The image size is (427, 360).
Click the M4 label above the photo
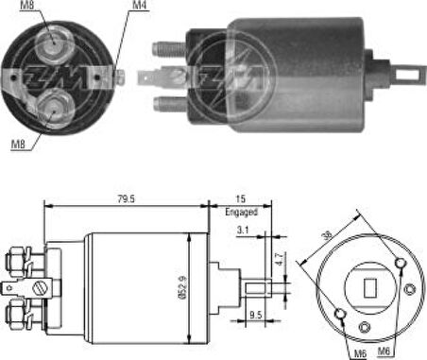pos(138,7)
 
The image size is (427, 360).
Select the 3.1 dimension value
pos(245,230)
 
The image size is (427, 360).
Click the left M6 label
pos(359,352)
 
